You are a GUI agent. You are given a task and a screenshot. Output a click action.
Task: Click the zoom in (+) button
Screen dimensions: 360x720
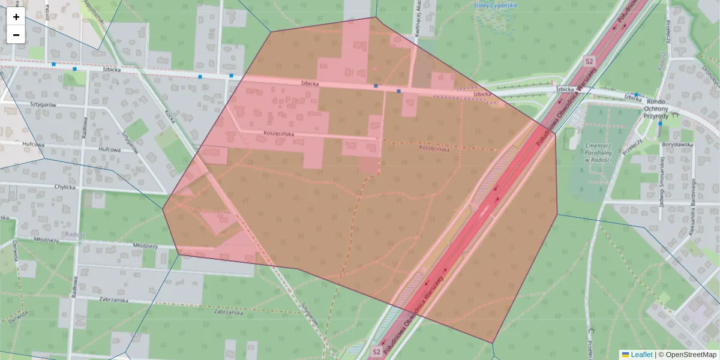[16, 17]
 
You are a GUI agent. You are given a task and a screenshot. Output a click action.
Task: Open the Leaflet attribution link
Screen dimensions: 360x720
[641, 355]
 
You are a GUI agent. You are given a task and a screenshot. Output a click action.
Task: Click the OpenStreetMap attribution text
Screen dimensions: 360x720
[691, 355]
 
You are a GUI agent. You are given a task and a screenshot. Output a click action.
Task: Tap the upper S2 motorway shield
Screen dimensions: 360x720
[589, 61]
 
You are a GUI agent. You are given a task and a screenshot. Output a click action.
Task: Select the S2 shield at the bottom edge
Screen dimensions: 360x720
[376, 351]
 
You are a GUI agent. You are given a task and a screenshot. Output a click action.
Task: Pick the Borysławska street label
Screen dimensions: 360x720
[677, 144]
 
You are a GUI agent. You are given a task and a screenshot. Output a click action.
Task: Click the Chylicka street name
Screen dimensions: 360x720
[64, 187]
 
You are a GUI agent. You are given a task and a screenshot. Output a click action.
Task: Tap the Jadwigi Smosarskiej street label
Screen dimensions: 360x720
[662, 180]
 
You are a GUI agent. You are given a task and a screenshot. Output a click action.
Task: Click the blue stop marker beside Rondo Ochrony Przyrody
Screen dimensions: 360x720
[636, 95]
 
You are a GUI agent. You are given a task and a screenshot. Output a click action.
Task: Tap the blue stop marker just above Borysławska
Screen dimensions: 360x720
[660, 124]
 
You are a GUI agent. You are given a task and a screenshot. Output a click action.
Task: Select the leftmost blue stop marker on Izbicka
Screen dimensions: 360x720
[53, 64]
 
